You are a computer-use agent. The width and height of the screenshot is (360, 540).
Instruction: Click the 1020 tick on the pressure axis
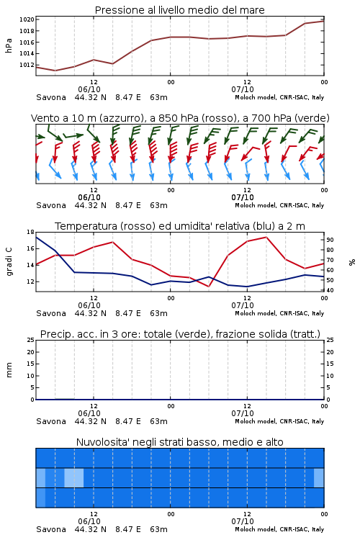pyautogui.click(x=27, y=19)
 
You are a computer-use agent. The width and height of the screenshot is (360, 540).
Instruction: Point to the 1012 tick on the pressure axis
pyautogui.click(x=27, y=65)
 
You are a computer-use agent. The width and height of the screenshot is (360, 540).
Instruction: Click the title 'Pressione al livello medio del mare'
pyautogui.click(x=180, y=10)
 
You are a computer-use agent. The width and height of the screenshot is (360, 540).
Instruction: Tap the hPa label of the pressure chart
pyautogui.click(x=9, y=45)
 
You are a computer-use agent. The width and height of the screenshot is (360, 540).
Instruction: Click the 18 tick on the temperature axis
pyautogui.click(x=30, y=232)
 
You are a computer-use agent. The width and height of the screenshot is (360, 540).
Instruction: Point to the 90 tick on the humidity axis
pyautogui.click(x=330, y=240)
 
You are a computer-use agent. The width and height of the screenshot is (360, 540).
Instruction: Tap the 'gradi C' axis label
pyautogui.click(x=9, y=262)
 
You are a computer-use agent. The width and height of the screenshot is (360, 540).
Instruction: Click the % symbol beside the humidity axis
pyautogui.click(x=352, y=262)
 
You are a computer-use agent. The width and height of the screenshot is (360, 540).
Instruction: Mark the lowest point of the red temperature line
pyautogui.click(x=209, y=286)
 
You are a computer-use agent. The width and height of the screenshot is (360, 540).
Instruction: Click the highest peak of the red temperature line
pyautogui.click(x=266, y=237)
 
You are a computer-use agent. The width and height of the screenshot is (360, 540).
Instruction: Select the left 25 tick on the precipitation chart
pyautogui.click(x=30, y=340)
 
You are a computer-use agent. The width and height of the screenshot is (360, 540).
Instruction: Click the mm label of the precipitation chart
pyautogui.click(x=9, y=370)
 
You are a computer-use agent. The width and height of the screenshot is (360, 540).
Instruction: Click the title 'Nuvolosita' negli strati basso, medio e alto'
pyautogui.click(x=180, y=442)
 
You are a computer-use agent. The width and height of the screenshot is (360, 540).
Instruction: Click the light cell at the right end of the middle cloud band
pyautogui.click(x=319, y=477)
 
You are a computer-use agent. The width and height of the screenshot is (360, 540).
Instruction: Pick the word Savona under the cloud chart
pyautogui.click(x=51, y=529)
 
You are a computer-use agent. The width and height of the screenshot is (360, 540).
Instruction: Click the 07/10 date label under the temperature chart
pyautogui.click(x=243, y=305)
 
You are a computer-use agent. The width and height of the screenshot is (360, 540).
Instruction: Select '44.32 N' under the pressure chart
pyautogui.click(x=90, y=97)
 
